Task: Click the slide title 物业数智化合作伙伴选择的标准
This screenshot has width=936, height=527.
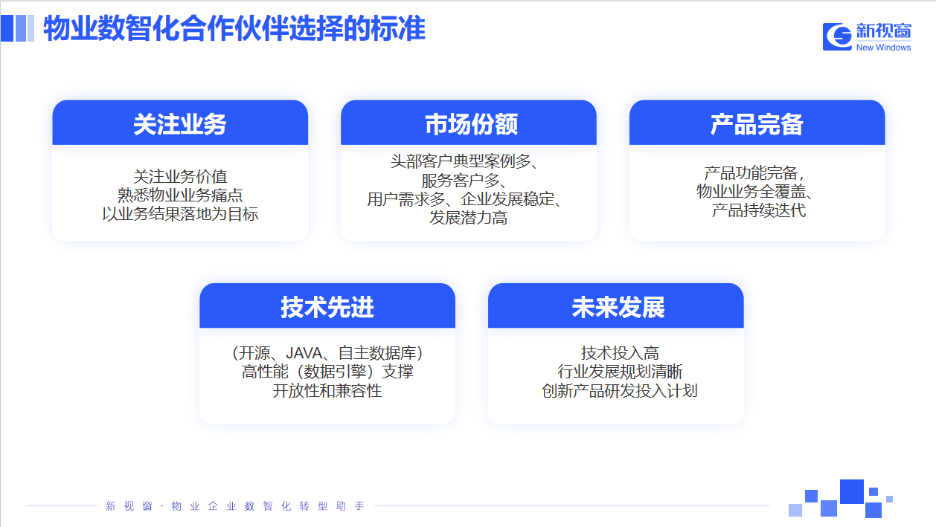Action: click(234, 28)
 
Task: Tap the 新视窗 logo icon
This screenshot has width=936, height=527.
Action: click(837, 36)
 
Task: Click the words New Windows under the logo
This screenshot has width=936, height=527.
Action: click(883, 48)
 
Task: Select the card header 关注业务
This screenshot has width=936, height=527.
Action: click(179, 124)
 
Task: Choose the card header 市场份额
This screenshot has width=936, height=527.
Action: click(471, 124)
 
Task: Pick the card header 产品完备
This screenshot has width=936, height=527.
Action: click(757, 124)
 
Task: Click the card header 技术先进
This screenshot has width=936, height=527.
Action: click(327, 307)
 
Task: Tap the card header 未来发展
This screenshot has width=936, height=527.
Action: click(618, 307)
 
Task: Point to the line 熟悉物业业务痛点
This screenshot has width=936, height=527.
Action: click(180, 195)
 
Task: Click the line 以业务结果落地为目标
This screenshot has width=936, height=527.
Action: click(180, 214)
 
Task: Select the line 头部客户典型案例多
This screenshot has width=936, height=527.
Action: click(461, 161)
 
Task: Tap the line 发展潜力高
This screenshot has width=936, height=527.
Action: click(469, 218)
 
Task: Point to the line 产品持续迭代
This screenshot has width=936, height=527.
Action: click(759, 210)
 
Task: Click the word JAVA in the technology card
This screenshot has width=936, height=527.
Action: click(304, 353)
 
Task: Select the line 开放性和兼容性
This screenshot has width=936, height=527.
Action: click(327, 391)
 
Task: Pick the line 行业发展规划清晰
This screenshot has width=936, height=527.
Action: click(620, 372)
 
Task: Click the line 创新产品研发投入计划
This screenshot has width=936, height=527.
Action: click(620, 391)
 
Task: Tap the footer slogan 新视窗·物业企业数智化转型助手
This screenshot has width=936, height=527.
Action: click(235, 506)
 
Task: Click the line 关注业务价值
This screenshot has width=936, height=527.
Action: click(180, 176)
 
